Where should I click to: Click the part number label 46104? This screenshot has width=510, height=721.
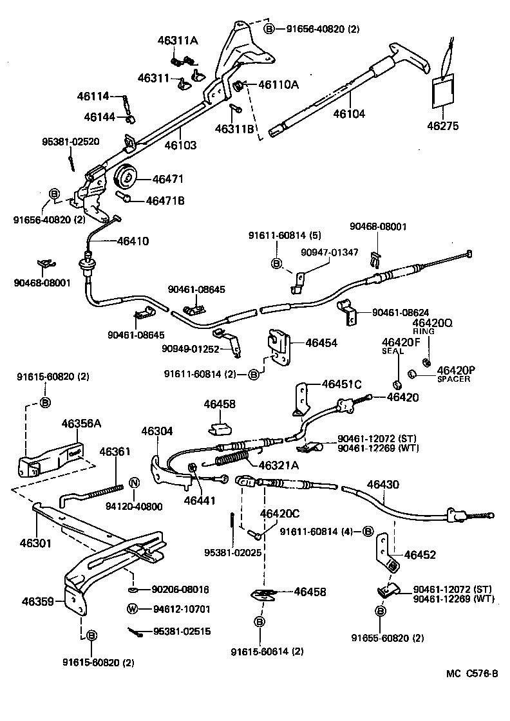click(x=348, y=114)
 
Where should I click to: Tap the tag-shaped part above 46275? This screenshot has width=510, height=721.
click(x=442, y=91)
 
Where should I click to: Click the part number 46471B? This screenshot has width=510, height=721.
click(x=165, y=200)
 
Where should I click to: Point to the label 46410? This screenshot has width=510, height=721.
click(x=133, y=241)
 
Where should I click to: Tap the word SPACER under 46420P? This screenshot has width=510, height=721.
click(x=453, y=379)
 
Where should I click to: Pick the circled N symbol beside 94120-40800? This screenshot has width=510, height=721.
click(x=135, y=483)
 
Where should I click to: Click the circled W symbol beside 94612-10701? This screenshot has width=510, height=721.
click(x=131, y=609)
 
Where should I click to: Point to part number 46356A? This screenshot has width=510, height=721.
click(x=82, y=423)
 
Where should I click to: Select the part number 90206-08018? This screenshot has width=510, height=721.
click(x=181, y=589)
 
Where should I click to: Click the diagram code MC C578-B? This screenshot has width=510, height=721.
click(x=473, y=673)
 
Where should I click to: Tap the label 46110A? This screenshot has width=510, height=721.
click(x=279, y=84)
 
